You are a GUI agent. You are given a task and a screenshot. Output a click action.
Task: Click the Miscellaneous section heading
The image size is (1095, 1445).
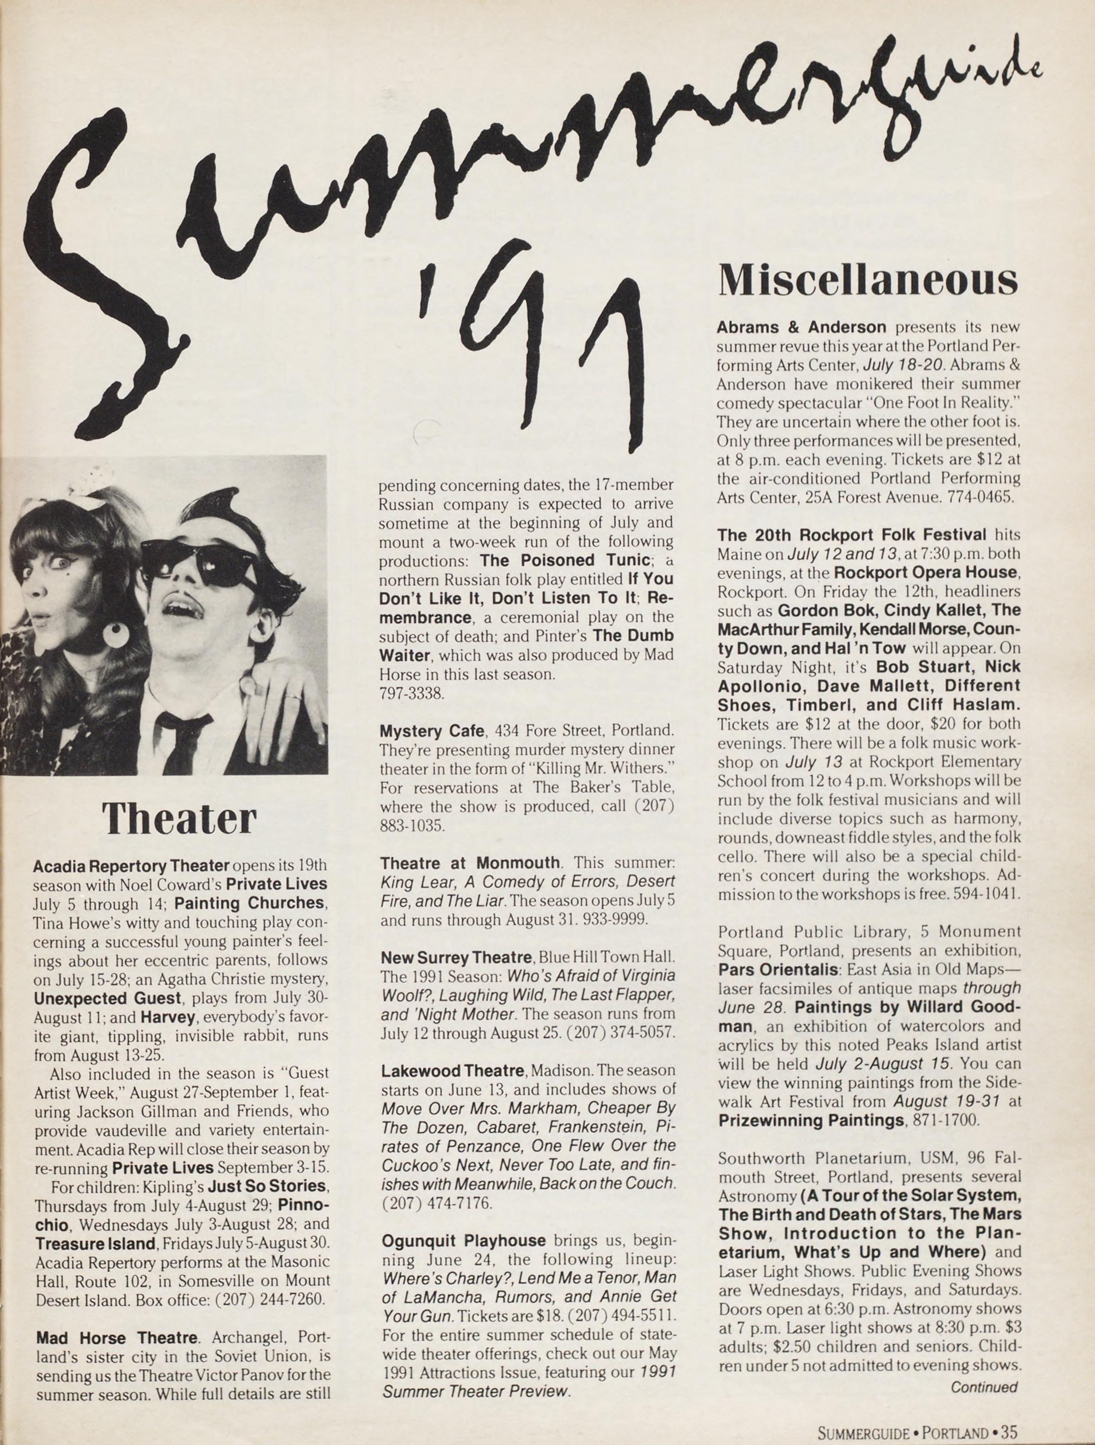coord(868,280)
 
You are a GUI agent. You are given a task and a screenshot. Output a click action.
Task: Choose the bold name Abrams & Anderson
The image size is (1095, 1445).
coord(801,327)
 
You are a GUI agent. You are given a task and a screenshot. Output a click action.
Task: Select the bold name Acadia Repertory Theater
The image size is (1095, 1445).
coord(131,866)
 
